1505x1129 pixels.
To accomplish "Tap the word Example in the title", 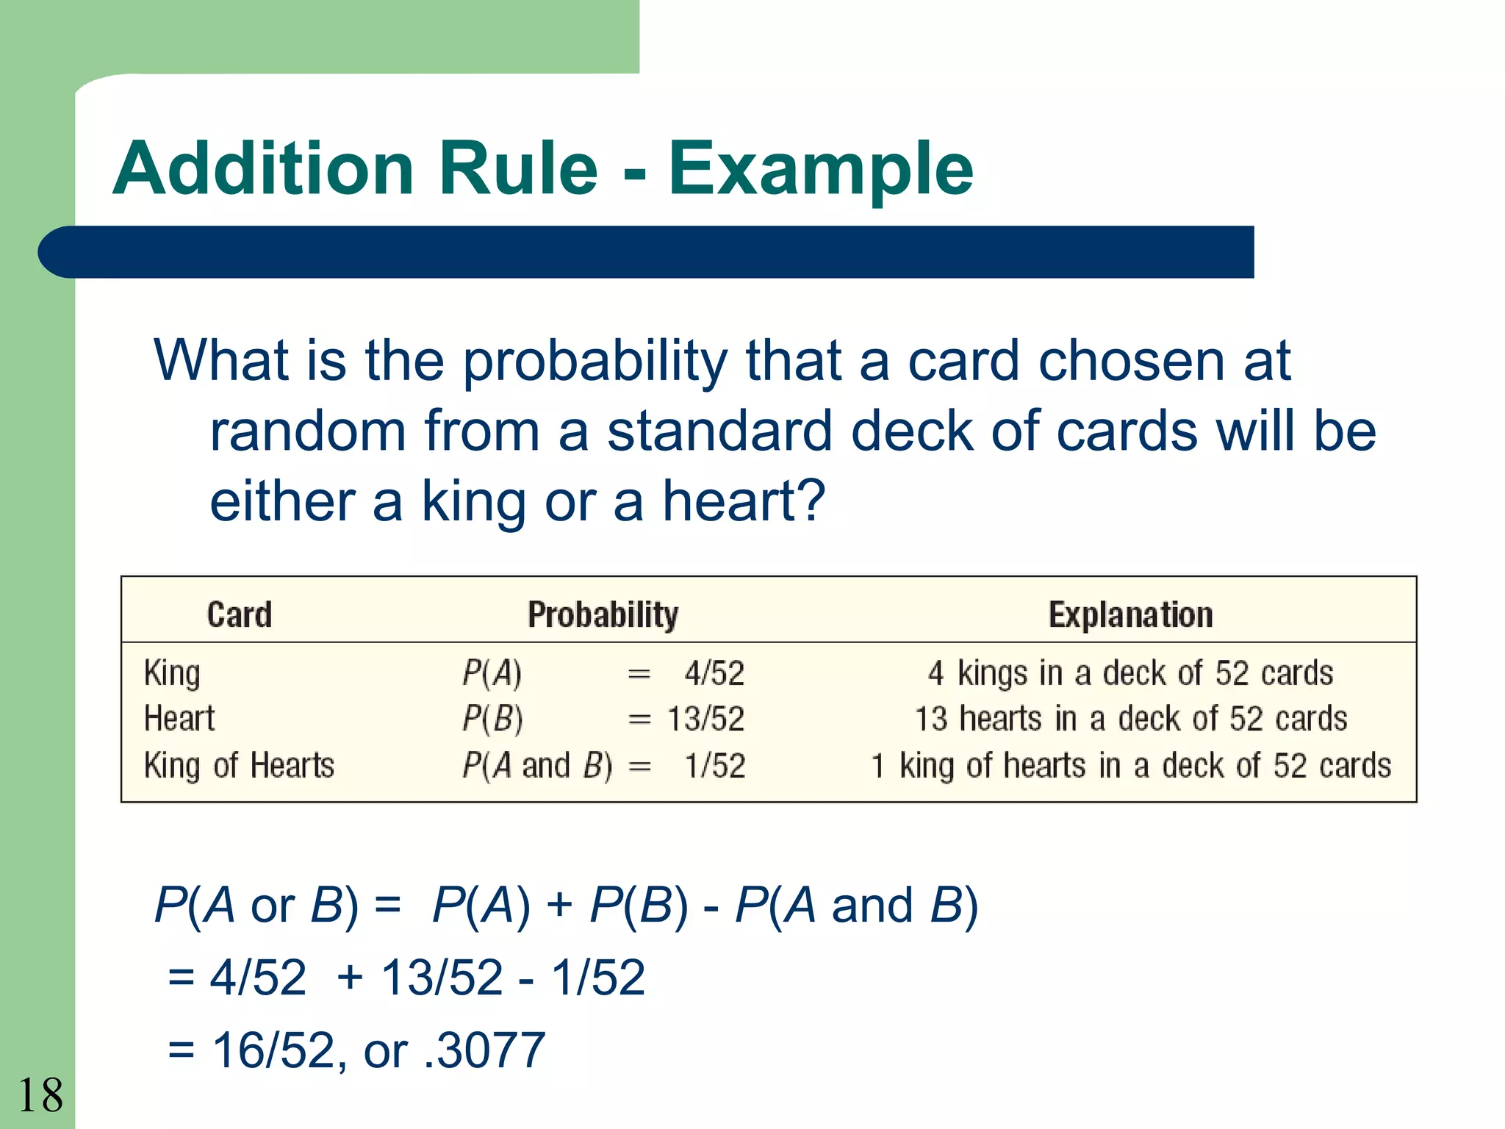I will point(820,171).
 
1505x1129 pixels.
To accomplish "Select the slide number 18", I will point(40,1095).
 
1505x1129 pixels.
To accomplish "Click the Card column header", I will point(240,614).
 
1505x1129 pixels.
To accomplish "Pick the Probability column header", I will point(603,614).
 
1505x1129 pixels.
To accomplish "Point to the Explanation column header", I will point(1130,614).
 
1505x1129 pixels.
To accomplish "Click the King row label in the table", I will point(172,673).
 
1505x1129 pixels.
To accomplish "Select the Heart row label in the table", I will point(179,719).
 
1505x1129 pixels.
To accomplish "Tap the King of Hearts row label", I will point(239,766).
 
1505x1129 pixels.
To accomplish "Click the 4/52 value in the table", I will point(714,673).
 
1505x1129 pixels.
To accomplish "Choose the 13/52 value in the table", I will point(705,719).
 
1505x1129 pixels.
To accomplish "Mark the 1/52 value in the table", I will point(714,766).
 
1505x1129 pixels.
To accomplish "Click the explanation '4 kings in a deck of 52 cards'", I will point(1130,673).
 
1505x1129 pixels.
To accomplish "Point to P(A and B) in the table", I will point(536,766).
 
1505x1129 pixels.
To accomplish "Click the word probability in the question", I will point(595,362).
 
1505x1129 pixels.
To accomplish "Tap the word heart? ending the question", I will point(744,501).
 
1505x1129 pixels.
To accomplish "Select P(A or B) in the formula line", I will point(256,906).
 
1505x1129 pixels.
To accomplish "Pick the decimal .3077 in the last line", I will point(485,1050).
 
